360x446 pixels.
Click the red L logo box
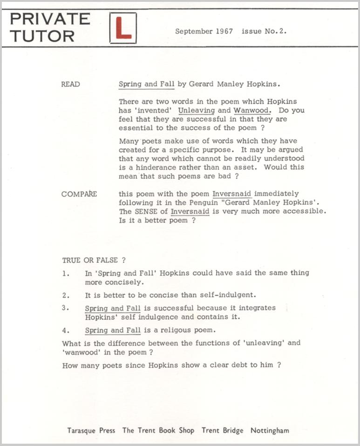pos(123,28)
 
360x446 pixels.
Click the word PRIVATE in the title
pos(50,19)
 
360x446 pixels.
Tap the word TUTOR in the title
pos(42,36)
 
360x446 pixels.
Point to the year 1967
pos(224,32)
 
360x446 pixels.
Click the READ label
pos(70,84)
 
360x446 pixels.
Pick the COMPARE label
pos(79,194)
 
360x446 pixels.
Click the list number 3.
pos(65,308)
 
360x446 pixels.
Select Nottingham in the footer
pos(270,430)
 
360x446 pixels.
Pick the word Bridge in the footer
pos(233,430)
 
